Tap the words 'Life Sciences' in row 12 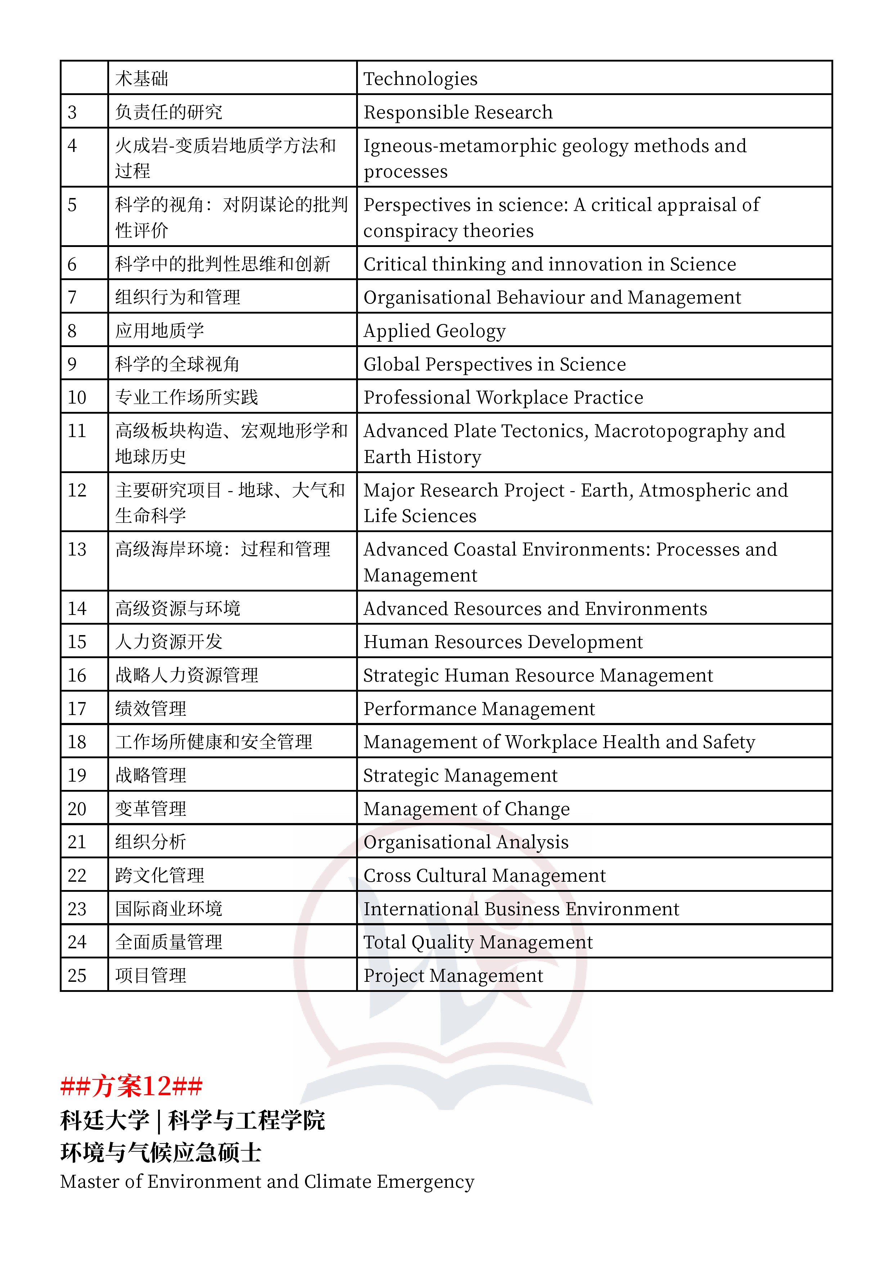(x=420, y=516)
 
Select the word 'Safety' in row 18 (x=728, y=742)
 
